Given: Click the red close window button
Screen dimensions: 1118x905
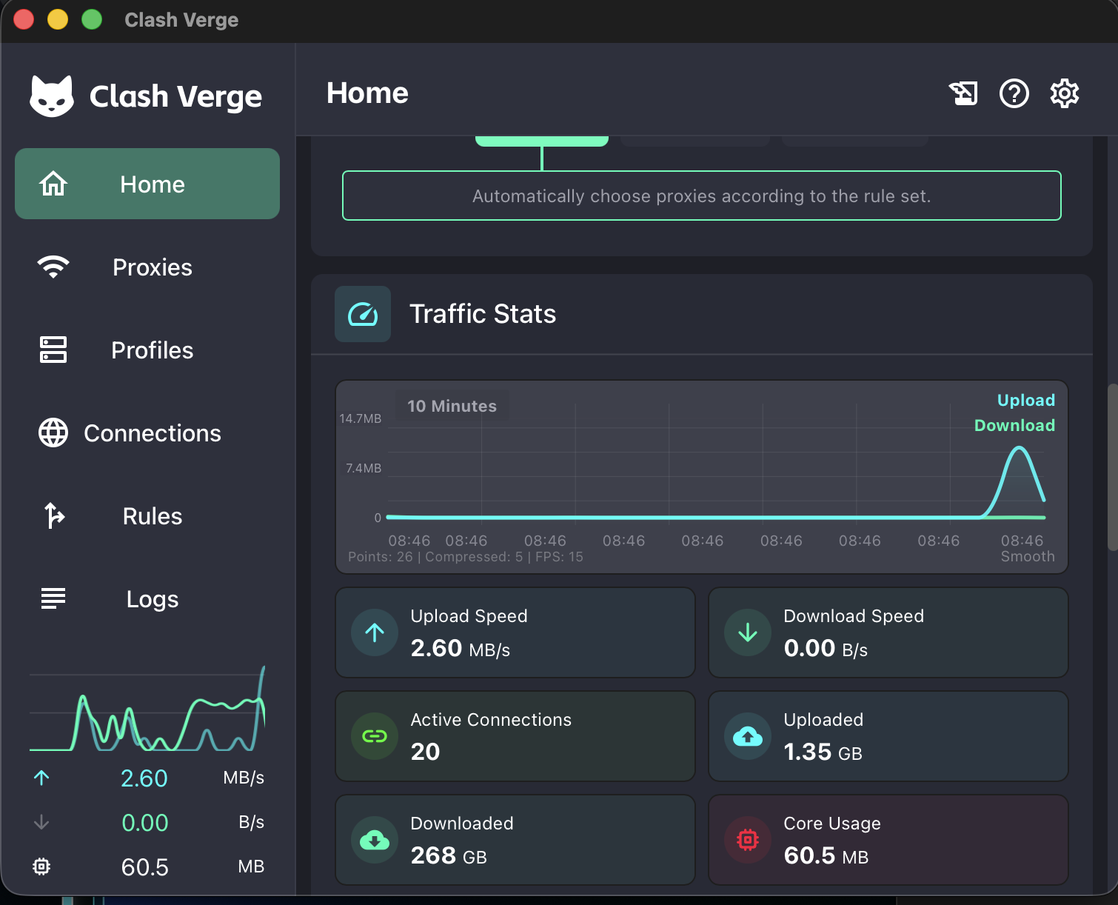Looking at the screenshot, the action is click(x=24, y=20).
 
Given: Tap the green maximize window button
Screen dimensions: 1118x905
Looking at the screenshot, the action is click(x=92, y=20).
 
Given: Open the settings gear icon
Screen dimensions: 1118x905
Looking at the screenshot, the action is click(x=1064, y=93).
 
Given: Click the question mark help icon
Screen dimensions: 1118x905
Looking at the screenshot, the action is click(x=1014, y=93).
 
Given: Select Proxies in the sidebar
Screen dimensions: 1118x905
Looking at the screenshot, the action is click(x=153, y=267).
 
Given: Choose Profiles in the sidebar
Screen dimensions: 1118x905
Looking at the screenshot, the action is click(x=153, y=350).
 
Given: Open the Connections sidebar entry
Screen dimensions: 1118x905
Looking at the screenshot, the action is click(x=153, y=433).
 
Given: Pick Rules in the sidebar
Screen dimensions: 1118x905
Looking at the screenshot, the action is click(x=153, y=516).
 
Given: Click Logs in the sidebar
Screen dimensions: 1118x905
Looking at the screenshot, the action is click(x=153, y=599).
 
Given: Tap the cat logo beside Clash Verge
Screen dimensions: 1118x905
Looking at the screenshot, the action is click(x=51, y=96).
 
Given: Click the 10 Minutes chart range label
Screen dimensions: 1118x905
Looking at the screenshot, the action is click(x=452, y=406).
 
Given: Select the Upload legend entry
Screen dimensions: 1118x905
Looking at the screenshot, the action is click(x=1025, y=400).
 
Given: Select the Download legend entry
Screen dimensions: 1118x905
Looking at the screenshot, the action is click(x=1014, y=425).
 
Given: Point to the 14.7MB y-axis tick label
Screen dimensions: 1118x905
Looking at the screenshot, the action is click(x=360, y=418).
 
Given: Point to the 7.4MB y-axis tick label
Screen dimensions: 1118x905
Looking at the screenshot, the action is click(x=364, y=468).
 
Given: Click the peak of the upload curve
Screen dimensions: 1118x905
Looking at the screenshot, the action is click(x=1020, y=447).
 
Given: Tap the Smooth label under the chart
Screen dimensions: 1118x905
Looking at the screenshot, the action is click(x=1028, y=556).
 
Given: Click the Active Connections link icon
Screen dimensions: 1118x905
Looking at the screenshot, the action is click(x=374, y=736).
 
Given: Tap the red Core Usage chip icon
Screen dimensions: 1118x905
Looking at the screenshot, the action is click(x=748, y=840).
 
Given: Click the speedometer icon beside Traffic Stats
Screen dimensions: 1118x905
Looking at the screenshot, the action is click(x=363, y=314).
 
